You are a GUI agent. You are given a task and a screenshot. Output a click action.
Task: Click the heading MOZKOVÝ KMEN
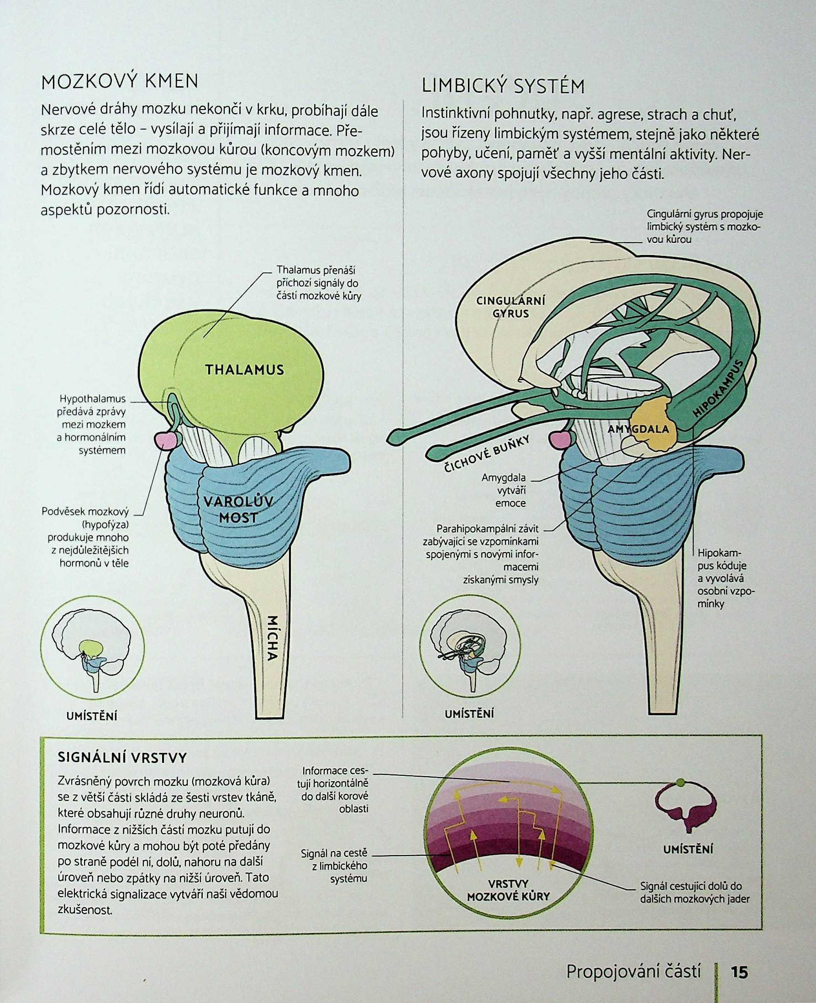tap(120, 81)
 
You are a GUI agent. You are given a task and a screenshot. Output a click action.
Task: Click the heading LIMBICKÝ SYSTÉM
tap(503, 86)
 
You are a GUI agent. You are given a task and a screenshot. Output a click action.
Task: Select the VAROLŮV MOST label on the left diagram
tap(239, 509)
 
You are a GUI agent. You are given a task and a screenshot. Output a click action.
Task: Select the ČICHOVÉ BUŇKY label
tap(488, 455)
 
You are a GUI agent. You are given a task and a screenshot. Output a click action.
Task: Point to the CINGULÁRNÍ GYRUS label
tap(511, 307)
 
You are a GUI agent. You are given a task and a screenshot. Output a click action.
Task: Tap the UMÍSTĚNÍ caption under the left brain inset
tap(92, 716)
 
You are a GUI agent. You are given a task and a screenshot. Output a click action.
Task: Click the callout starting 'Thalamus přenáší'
tap(319, 283)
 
